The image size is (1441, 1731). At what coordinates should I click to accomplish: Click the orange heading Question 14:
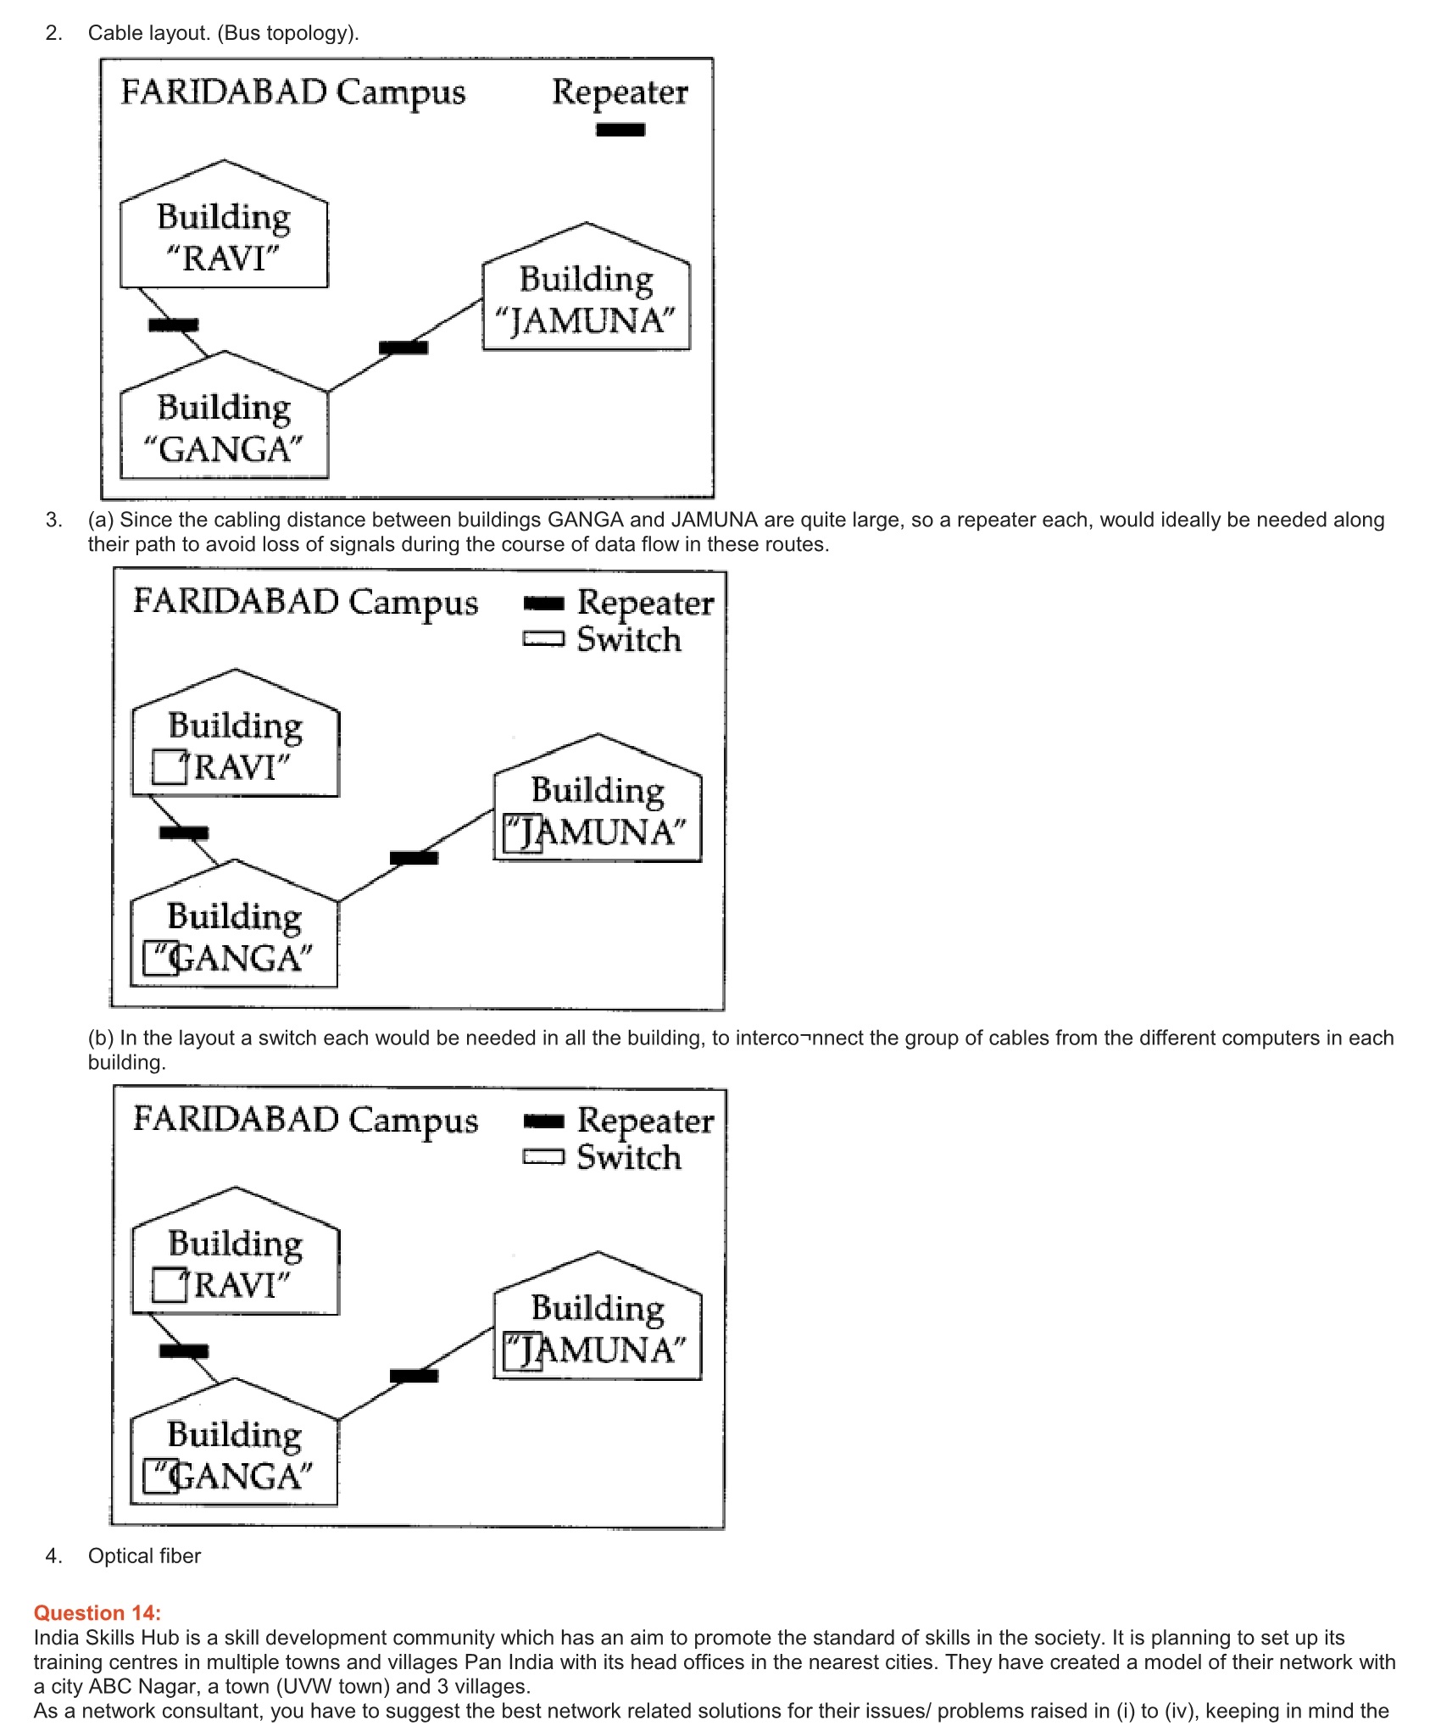(97, 1612)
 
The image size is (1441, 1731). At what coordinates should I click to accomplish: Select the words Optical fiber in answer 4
(144, 1556)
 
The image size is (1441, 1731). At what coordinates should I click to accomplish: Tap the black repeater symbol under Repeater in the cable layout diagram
(620, 130)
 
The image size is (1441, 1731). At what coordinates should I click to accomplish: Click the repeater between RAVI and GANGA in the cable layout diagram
(174, 325)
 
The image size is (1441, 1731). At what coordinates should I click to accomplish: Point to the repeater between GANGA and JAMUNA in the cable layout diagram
(403, 347)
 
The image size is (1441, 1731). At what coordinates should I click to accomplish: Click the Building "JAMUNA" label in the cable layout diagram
(586, 300)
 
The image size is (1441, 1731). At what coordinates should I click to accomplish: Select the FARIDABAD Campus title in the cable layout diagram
(292, 92)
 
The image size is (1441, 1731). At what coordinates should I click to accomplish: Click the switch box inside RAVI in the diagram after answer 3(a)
(169, 767)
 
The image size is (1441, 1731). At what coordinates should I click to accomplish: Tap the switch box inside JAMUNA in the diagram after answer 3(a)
(522, 833)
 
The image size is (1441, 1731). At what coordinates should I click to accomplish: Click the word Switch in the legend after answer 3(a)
(629, 639)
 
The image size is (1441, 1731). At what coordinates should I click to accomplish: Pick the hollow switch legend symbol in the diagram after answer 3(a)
(543, 638)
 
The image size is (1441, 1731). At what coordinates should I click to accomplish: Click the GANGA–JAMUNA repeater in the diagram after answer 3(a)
(414, 858)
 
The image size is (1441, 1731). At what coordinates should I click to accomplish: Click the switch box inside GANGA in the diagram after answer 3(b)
(160, 1476)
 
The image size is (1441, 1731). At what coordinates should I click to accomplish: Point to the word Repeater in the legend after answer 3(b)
(645, 1121)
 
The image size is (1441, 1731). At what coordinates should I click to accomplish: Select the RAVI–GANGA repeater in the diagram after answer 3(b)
(184, 1351)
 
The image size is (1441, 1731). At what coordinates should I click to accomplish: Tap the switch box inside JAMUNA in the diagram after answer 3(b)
(522, 1351)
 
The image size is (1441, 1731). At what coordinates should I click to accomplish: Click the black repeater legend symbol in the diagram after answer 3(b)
(543, 1122)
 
